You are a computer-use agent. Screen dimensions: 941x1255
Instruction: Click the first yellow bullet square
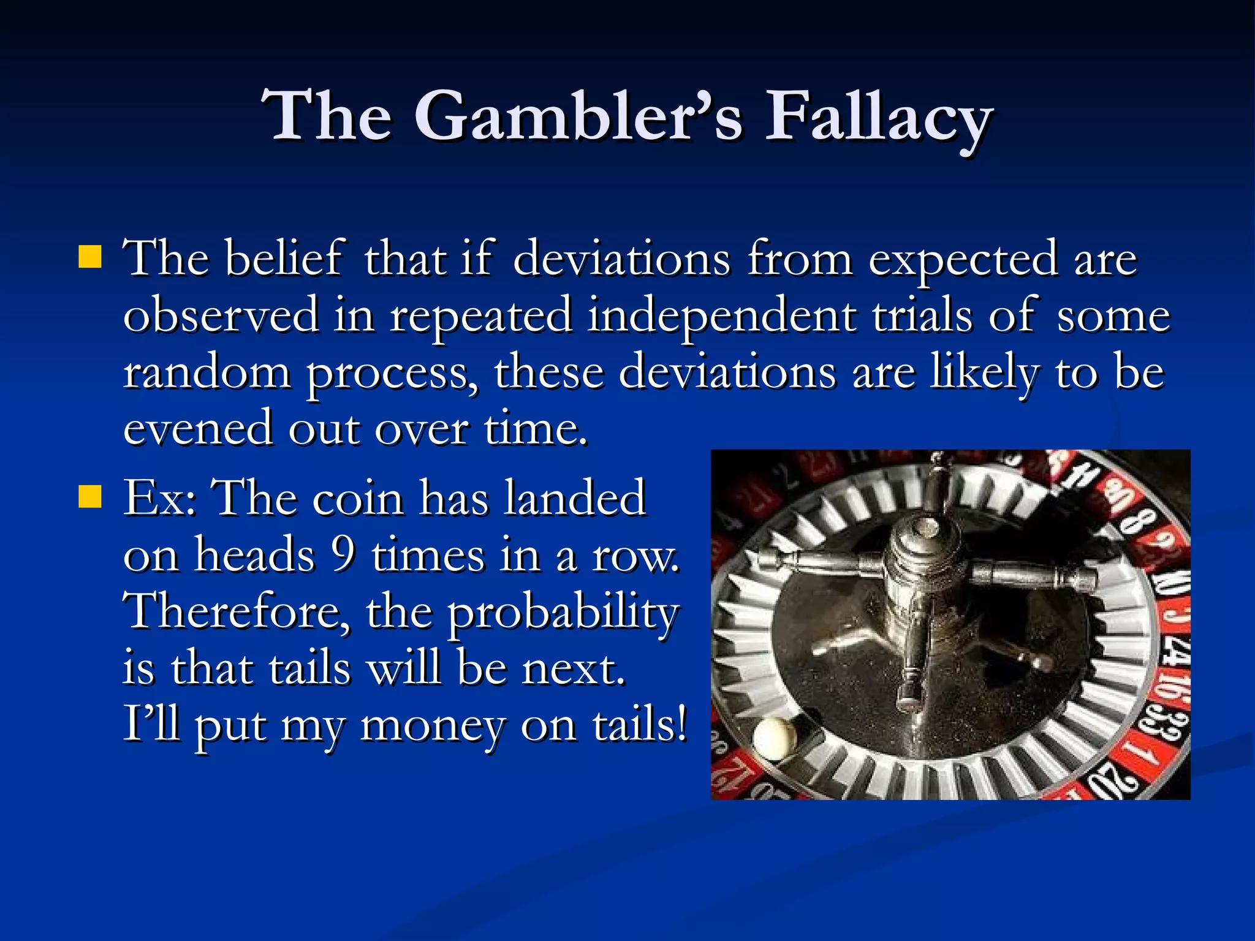click(x=90, y=257)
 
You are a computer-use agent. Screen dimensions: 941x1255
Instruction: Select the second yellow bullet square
click(x=90, y=497)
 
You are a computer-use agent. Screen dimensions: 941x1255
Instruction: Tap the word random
click(x=207, y=372)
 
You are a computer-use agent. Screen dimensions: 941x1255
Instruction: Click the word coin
click(x=357, y=498)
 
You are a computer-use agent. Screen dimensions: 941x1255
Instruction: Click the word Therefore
click(x=237, y=611)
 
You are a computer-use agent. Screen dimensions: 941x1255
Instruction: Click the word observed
click(x=221, y=316)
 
